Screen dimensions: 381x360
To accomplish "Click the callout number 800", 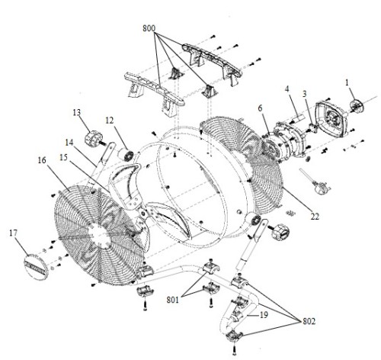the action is [x=149, y=28].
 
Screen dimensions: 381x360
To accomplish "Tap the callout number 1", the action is [x=347, y=82].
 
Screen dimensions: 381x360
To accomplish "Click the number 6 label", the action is [x=260, y=108].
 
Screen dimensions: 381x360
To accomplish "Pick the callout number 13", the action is [x=77, y=112].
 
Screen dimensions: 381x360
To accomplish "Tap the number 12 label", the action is [x=110, y=121].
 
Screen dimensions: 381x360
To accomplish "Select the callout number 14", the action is [x=69, y=143].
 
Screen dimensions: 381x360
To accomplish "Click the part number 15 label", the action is [x=63, y=157].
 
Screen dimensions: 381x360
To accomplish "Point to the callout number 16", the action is [x=42, y=160].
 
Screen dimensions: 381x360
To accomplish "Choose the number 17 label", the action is [x=14, y=233].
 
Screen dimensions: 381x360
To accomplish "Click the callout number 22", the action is [x=315, y=217].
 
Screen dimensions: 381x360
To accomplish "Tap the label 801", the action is [x=173, y=300].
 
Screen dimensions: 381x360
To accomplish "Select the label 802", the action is [x=309, y=321].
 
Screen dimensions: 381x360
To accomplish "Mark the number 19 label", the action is [x=264, y=315].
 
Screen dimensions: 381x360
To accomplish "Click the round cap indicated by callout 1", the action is [x=357, y=107].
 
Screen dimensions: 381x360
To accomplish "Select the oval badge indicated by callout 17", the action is [x=36, y=267].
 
